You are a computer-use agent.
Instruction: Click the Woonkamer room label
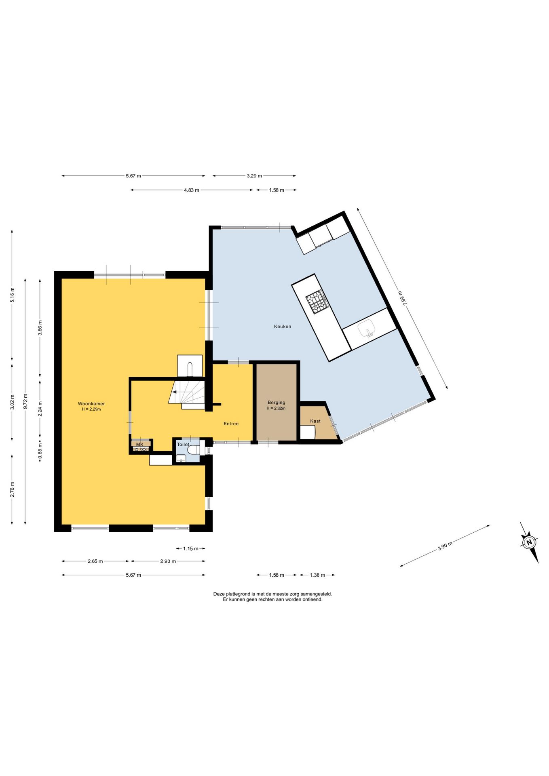pos(91,403)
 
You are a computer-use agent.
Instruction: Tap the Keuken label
pos(283,326)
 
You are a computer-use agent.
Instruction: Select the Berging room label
pos(277,402)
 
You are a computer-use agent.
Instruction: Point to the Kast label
pos(315,421)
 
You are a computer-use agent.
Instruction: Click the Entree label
pos(231,424)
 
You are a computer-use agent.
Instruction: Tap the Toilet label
pos(183,444)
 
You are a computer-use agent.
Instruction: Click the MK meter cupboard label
pos(139,444)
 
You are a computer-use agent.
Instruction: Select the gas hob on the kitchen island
pos(317,301)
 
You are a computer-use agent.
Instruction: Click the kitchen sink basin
pos(367,328)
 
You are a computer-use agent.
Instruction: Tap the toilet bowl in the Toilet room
pos(194,449)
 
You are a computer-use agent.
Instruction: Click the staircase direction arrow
pos(174,392)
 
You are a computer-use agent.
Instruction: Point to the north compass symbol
pos(529,542)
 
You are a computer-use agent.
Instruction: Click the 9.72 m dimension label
pos(25,401)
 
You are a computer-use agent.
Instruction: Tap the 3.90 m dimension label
pos(445,546)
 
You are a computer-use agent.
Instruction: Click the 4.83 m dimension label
pos(192,190)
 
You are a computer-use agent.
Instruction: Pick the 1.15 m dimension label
pos(191,548)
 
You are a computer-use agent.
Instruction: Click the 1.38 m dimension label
pos(317,575)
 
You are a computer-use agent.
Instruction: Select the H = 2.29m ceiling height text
pos(91,409)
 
